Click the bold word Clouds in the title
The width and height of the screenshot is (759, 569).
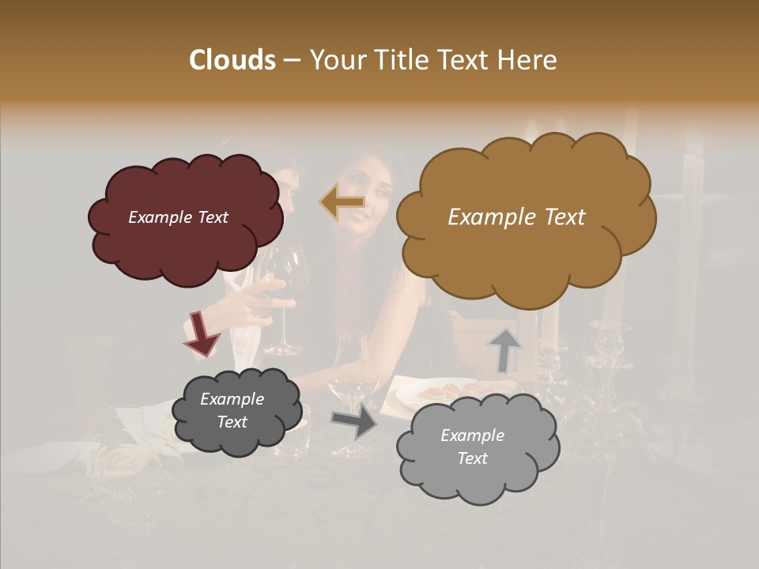tap(232, 60)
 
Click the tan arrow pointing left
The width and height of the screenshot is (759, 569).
tap(342, 203)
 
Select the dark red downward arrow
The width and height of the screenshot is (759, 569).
tap(202, 333)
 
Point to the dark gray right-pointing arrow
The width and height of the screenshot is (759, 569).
tap(354, 422)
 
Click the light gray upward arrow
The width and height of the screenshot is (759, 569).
tap(504, 349)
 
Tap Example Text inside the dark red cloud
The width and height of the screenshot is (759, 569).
tap(178, 217)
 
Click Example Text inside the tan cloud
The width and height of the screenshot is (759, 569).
tap(516, 217)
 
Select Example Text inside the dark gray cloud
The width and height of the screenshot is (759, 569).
tap(232, 411)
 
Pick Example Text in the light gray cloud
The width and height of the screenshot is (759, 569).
tap(472, 447)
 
